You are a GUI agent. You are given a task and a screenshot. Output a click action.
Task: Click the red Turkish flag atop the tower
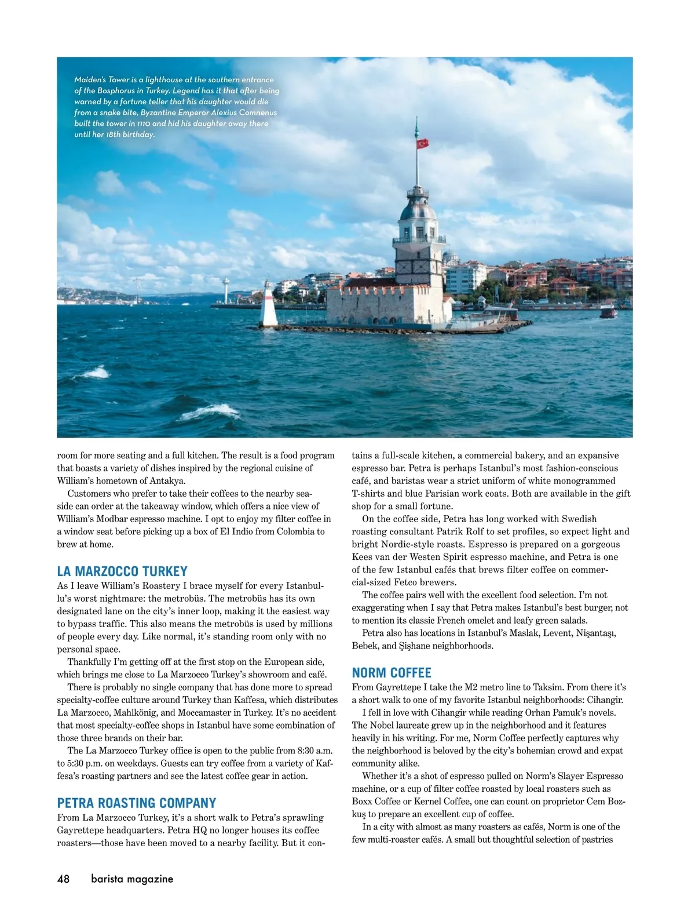click(422, 143)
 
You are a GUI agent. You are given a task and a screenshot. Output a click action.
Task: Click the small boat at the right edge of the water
click(608, 312)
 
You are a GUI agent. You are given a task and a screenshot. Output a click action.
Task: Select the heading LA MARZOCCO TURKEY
click(122, 571)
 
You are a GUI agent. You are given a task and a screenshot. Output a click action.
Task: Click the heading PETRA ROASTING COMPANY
click(136, 803)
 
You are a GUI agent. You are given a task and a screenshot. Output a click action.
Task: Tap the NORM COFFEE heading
click(392, 673)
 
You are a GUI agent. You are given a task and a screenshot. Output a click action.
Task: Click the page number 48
click(63, 879)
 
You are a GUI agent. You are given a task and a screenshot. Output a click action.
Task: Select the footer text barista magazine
click(132, 879)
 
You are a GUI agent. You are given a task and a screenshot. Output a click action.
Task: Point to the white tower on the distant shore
click(225, 290)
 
